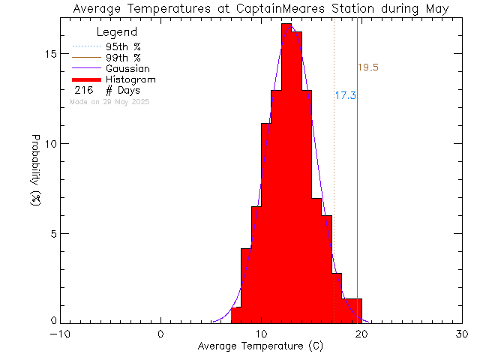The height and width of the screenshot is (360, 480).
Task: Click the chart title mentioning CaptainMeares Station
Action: pyautogui.click(x=260, y=9)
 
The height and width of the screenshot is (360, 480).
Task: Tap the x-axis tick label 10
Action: pyautogui.click(x=261, y=334)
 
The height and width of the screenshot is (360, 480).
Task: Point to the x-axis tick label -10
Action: pyautogui.click(x=60, y=334)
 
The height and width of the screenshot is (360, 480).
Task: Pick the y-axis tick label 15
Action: pyautogui.click(x=49, y=55)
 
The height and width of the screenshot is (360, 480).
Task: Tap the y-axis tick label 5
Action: pyautogui.click(x=52, y=233)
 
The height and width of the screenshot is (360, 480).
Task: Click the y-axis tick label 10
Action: pyautogui.click(x=49, y=144)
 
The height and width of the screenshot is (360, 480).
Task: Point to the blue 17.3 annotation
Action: pyautogui.click(x=345, y=96)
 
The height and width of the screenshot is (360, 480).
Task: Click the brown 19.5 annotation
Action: pyautogui.click(x=367, y=67)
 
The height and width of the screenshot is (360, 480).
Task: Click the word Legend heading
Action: pyautogui.click(x=117, y=33)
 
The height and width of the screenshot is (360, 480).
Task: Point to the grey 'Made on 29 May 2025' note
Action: pyautogui.click(x=109, y=101)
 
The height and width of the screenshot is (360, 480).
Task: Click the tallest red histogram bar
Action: pyautogui.click(x=286, y=172)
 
